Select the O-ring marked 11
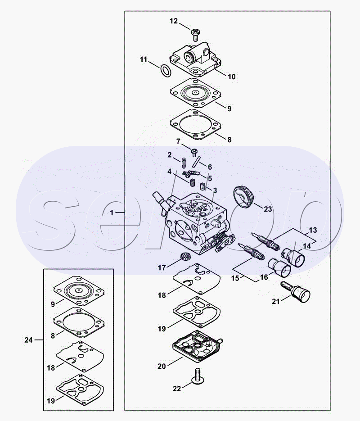coord(165,70)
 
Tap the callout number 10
coord(231,77)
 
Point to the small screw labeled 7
coord(194,152)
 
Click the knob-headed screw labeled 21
coord(296,292)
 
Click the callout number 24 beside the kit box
coord(28,340)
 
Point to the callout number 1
coord(112,213)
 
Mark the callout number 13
coord(313,230)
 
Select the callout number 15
coord(235,278)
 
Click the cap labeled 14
coord(293,258)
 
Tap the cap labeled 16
coord(279,268)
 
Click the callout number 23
coord(268,209)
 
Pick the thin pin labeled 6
coord(196,161)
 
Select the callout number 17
coord(162,268)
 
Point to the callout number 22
coord(177,389)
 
